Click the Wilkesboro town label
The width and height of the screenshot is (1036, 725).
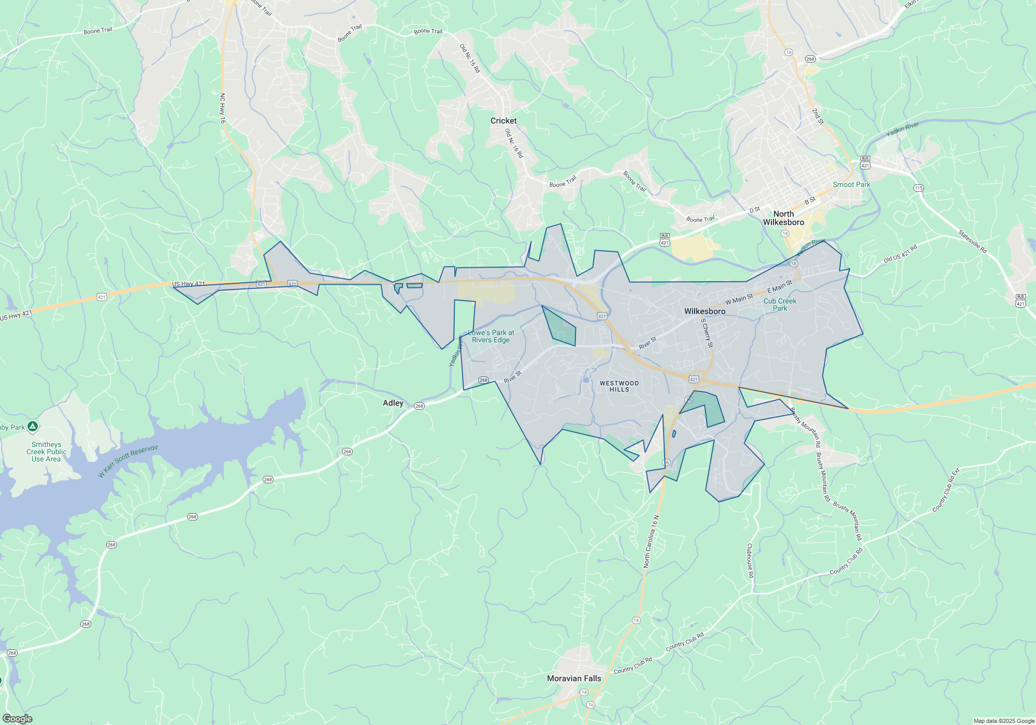[x=704, y=311]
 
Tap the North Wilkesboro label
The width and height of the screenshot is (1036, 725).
[x=783, y=218]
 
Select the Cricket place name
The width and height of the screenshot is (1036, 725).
[x=503, y=121]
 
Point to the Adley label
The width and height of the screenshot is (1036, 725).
[x=393, y=403]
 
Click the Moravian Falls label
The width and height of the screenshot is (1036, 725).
[x=574, y=678]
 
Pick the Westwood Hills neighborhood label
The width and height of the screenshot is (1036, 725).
[x=619, y=386]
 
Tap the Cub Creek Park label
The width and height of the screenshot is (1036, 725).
[x=780, y=304]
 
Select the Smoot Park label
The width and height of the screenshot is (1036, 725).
[x=851, y=184]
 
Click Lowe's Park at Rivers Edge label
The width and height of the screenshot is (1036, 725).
[x=491, y=336]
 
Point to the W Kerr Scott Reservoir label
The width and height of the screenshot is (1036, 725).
[x=128, y=461]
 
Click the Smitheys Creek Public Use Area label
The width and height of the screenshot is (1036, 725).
[x=46, y=452]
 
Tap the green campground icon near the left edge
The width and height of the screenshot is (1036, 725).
[x=33, y=427]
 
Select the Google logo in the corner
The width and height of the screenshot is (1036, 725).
[x=17, y=719]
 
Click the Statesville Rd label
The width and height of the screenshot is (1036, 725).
[x=972, y=242]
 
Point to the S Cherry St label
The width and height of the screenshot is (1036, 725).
[x=707, y=332]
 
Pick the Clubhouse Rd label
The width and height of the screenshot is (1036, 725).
[x=750, y=561]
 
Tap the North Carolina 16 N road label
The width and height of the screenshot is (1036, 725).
[x=651, y=542]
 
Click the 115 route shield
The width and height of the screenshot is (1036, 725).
[x=918, y=188]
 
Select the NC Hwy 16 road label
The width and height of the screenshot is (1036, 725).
[x=223, y=108]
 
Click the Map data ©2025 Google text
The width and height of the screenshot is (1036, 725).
[x=1003, y=721]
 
